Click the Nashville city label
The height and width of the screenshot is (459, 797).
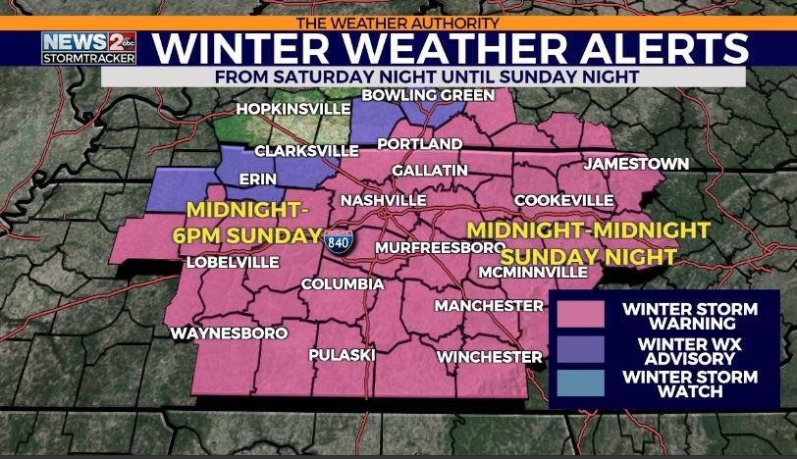(382, 200)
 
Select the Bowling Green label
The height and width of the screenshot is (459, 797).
(428, 95)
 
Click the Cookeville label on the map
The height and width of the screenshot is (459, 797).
(564, 200)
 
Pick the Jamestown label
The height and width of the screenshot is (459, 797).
(636, 164)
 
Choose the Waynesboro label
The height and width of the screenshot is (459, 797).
(229, 333)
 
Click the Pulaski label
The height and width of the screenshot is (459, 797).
(342, 355)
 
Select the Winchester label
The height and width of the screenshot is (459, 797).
(490, 356)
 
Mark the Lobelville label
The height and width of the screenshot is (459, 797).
(234, 262)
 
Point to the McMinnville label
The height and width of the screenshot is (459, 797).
(534, 271)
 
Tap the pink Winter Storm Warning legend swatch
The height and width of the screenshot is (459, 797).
(581, 316)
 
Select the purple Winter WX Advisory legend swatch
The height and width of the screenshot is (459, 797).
(581, 350)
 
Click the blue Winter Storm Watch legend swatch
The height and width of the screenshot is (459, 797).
(581, 384)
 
